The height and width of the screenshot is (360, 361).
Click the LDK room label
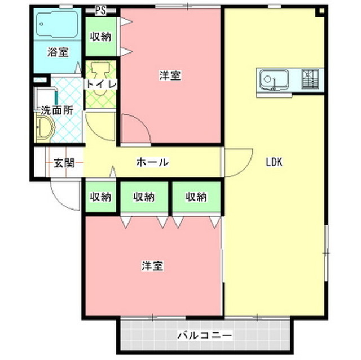click(274, 162)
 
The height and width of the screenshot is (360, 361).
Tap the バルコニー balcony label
click(204, 335)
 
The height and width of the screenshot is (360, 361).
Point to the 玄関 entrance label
click(64, 163)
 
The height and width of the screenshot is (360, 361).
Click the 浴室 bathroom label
click(58, 52)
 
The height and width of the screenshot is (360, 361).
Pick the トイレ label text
click(101, 84)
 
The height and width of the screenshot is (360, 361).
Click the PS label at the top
click(101, 10)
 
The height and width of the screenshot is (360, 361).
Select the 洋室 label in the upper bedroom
click(169, 76)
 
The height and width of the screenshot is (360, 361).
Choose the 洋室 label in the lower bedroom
click(152, 265)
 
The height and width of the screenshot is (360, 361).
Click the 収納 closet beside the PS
click(101, 37)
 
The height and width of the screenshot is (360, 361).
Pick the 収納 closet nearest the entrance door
click(101, 197)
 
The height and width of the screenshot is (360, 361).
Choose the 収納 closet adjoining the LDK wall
click(196, 197)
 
